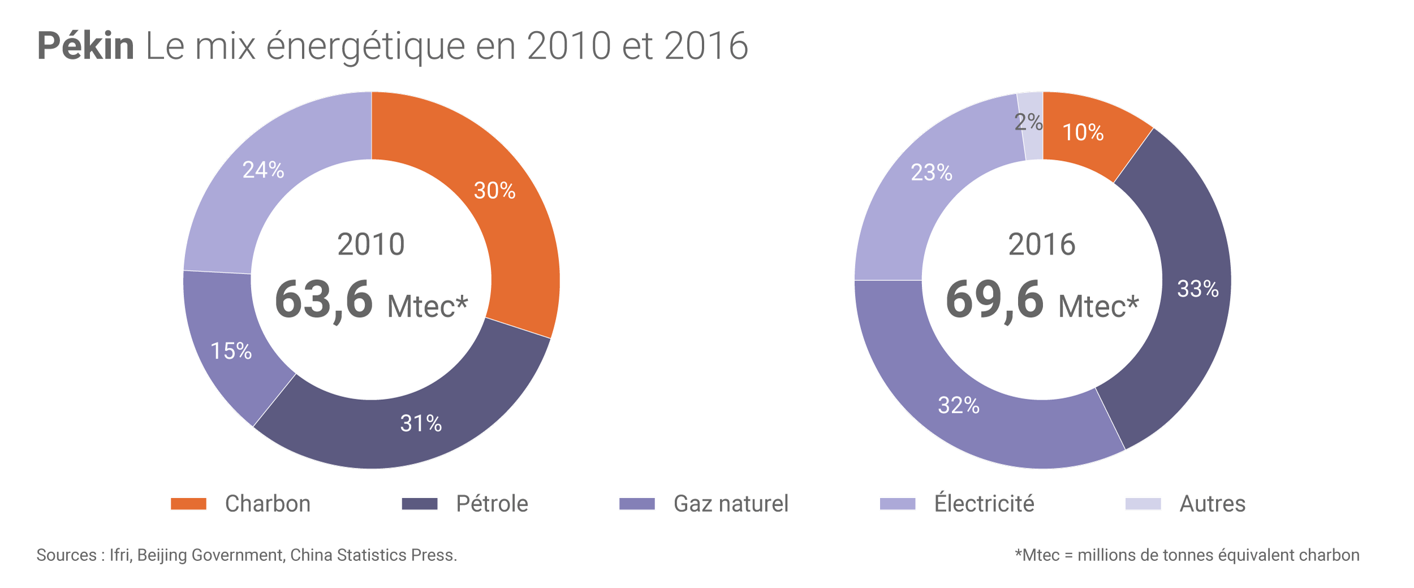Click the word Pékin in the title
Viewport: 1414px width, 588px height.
coord(85,46)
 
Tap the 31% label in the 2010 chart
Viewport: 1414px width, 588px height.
coord(421,423)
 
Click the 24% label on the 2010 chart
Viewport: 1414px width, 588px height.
coord(263,170)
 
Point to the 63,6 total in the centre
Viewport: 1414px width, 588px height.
coord(324,300)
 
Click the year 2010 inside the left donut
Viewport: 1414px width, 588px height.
coord(371,244)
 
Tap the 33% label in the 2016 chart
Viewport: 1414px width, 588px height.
coord(1198,289)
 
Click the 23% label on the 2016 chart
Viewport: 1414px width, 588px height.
coord(932,172)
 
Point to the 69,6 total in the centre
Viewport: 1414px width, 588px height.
coord(995,300)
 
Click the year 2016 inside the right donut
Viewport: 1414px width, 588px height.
coord(1042,244)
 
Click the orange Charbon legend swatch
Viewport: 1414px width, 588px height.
coord(188,504)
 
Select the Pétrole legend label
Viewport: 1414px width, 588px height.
coord(492,504)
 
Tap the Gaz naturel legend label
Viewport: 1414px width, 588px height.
coord(731,504)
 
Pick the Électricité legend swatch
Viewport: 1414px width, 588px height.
coord(898,504)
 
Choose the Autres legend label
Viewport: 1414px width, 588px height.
coord(1212,504)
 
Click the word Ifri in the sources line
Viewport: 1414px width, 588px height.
coord(120,555)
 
